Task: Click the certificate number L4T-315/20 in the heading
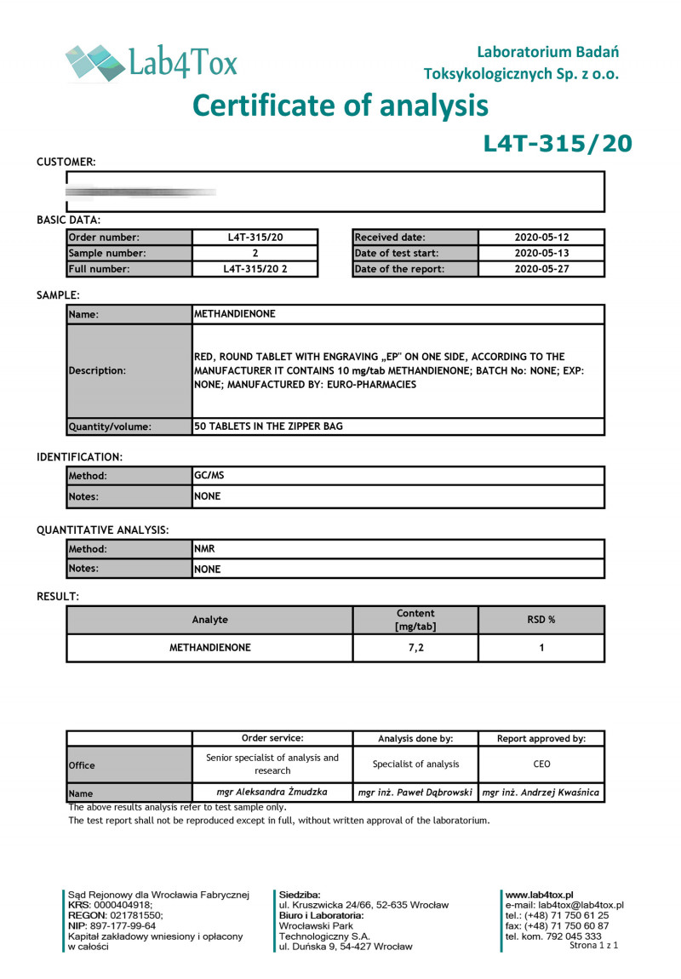pyautogui.click(x=558, y=143)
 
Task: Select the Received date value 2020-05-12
pyautogui.click(x=541, y=238)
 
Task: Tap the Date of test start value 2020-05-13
pyautogui.click(x=541, y=253)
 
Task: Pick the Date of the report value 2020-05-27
pyautogui.click(x=541, y=269)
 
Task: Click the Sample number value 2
pyautogui.click(x=255, y=253)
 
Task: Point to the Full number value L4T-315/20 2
pyautogui.click(x=255, y=269)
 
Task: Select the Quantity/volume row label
pyautogui.click(x=109, y=427)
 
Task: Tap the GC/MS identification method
pyautogui.click(x=209, y=477)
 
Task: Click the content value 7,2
pyautogui.click(x=415, y=648)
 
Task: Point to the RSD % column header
pyautogui.click(x=541, y=620)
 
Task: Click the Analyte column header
pyautogui.click(x=210, y=620)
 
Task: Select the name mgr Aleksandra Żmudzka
pyautogui.click(x=272, y=792)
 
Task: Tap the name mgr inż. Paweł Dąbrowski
pyautogui.click(x=415, y=793)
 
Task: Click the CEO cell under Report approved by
pyautogui.click(x=541, y=764)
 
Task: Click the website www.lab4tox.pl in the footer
pyautogui.click(x=539, y=895)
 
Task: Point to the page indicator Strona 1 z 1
pyautogui.click(x=593, y=945)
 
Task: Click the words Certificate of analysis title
pyautogui.click(x=340, y=106)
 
